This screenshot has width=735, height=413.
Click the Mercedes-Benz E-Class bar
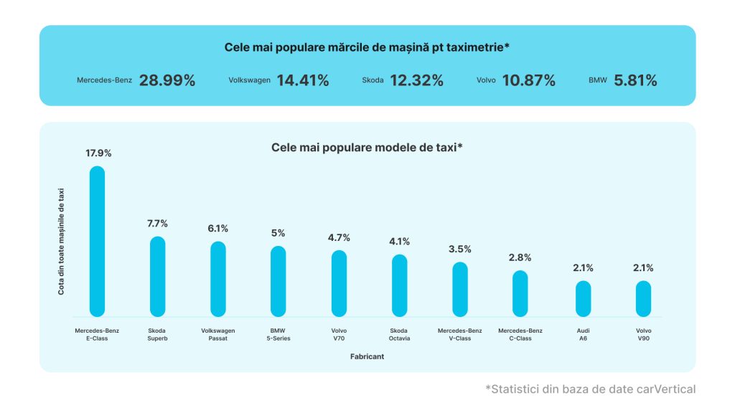(x=97, y=241)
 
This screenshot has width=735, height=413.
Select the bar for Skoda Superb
(x=157, y=276)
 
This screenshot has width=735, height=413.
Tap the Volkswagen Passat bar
(x=218, y=279)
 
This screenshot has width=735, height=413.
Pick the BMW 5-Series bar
(x=278, y=281)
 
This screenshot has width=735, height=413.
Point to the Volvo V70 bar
(x=339, y=283)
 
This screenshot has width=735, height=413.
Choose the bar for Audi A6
(x=583, y=298)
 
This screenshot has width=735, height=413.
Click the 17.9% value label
(x=98, y=153)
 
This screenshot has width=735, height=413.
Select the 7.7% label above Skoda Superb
(x=157, y=224)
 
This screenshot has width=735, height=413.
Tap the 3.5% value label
(x=460, y=249)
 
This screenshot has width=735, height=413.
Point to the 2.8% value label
(x=520, y=257)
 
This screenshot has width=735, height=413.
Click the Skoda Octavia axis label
(x=399, y=334)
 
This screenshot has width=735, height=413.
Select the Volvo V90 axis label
(x=643, y=334)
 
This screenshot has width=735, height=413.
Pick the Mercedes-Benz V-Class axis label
(x=459, y=334)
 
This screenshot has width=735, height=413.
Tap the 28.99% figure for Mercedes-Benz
(x=167, y=80)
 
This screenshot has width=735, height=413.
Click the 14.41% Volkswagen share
(x=302, y=80)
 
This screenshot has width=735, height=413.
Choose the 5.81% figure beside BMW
(x=635, y=80)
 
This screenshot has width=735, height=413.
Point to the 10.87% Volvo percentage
(x=529, y=80)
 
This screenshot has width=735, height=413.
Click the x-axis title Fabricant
(x=367, y=356)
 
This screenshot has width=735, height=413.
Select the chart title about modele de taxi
(x=367, y=148)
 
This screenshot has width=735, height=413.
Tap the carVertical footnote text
(x=590, y=389)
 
